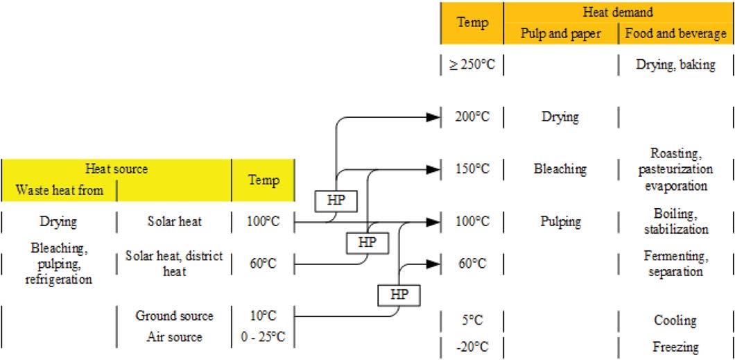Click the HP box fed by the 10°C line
point(399,294)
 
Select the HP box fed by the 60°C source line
point(367,243)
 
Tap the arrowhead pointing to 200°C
point(433,118)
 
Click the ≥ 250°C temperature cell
point(472,65)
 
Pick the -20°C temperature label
point(472,347)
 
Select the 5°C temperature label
point(472,320)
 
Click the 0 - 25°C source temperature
point(263,337)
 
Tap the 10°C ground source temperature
point(263,316)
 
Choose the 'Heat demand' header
point(619,12)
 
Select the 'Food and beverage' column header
point(676,33)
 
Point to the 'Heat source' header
point(116,169)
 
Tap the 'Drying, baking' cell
point(676,65)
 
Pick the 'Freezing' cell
point(676,347)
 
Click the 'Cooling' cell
point(676,320)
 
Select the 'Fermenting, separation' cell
point(676,264)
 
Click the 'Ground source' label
point(174,316)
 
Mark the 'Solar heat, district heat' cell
point(174,264)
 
